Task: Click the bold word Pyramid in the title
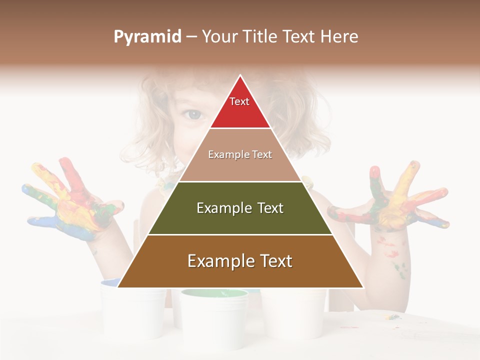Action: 147,37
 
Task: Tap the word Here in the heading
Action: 339,37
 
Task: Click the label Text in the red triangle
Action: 239,101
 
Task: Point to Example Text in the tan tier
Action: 240,154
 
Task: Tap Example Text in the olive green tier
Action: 240,208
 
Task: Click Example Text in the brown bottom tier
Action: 240,261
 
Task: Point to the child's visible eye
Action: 192,114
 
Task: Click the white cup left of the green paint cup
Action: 132,310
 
